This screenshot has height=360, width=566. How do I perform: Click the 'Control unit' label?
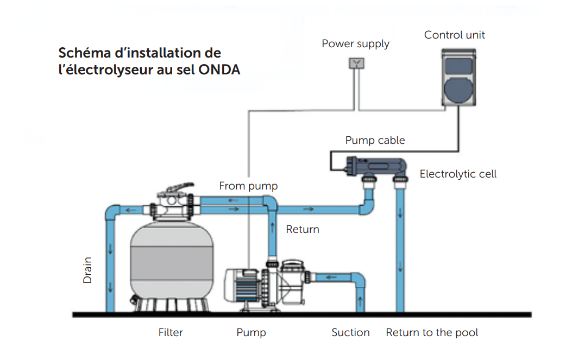(x=454, y=35)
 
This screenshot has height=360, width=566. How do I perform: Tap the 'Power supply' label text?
(x=355, y=43)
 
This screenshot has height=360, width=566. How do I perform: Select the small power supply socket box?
(x=356, y=63)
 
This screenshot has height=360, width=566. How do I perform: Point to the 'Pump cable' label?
(x=375, y=140)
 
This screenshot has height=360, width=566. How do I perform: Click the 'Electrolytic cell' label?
(x=458, y=174)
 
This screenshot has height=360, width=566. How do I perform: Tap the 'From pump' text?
(x=248, y=186)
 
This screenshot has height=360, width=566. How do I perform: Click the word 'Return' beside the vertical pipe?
(x=303, y=229)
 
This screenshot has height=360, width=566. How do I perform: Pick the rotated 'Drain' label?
(x=87, y=270)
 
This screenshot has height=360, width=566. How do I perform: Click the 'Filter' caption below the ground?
(x=170, y=332)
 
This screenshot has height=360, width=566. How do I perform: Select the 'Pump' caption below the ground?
(x=251, y=332)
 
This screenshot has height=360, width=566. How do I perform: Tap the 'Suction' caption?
(x=350, y=332)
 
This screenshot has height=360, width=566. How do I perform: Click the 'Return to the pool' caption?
(x=432, y=332)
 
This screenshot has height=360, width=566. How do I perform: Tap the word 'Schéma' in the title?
(x=80, y=54)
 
